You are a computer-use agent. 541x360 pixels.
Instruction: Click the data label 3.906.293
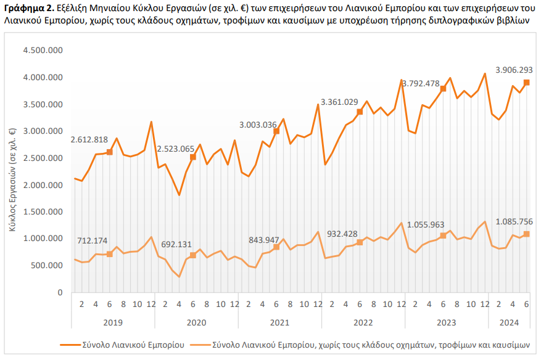click(x=514, y=70)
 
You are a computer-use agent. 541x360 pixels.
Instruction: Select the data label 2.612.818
click(x=89, y=140)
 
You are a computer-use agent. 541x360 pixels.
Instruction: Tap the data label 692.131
click(x=176, y=245)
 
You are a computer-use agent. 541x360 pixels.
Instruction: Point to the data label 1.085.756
click(x=514, y=222)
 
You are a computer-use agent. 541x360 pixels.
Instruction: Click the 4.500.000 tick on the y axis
click(x=43, y=51)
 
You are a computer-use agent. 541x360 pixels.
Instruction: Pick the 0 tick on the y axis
click(x=60, y=292)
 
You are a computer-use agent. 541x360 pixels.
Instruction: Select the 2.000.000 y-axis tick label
click(x=43, y=185)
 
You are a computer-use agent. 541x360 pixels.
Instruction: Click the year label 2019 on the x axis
click(x=113, y=323)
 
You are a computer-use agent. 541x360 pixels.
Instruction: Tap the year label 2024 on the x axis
click(x=509, y=323)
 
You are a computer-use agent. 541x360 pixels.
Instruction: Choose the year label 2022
click(x=363, y=323)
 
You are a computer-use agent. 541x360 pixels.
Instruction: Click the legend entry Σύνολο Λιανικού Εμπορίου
click(x=122, y=345)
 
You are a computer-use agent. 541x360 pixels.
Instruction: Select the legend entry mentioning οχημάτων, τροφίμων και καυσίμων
click(x=360, y=345)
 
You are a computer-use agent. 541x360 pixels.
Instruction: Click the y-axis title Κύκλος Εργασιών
click(x=12, y=179)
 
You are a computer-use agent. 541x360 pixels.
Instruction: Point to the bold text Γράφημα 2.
click(x=30, y=8)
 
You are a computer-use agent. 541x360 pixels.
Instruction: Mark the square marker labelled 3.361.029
click(x=360, y=112)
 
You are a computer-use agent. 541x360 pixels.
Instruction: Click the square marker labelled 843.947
click(x=276, y=247)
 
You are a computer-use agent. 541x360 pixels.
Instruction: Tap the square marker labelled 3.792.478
click(x=443, y=89)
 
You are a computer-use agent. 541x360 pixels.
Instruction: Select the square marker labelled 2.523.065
click(x=193, y=157)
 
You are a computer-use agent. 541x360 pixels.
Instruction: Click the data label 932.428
click(x=342, y=234)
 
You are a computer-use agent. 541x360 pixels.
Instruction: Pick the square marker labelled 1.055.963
click(x=443, y=236)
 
